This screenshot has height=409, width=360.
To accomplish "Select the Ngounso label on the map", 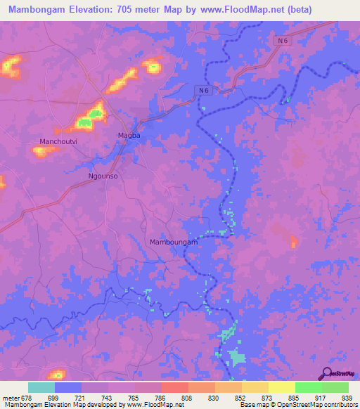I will coord(102,176).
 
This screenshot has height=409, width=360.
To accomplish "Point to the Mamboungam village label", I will coord(174,242).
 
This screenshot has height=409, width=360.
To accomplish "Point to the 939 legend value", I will coord(347,397).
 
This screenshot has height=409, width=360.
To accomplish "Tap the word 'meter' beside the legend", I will coord(10,397).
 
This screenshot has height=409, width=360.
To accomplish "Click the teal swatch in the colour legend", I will coord(41,387).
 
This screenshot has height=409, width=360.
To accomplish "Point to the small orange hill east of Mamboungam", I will coord(293,242).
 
